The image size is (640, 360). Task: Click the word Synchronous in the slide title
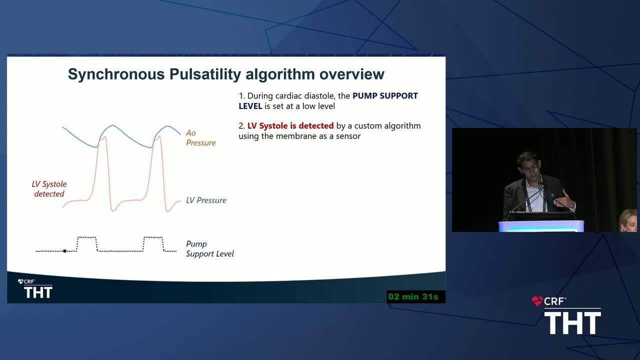pos(116,74)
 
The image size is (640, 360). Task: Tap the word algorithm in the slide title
pos(280,74)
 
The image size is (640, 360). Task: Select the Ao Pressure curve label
pos(201,137)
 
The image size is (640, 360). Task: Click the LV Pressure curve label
pos(206,200)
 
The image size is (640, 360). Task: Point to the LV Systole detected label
pos(49,189)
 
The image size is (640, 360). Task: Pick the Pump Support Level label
pos(209,249)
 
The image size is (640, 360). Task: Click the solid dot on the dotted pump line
pos(65,251)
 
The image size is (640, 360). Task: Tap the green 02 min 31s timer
pos(413,296)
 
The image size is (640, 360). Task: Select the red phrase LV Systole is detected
pos(290,125)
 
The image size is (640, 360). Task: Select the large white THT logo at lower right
pos(572,323)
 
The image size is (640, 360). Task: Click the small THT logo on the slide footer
pos(38,292)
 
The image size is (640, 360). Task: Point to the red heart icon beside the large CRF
pos(537,301)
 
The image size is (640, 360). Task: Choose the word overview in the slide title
pos(351,74)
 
